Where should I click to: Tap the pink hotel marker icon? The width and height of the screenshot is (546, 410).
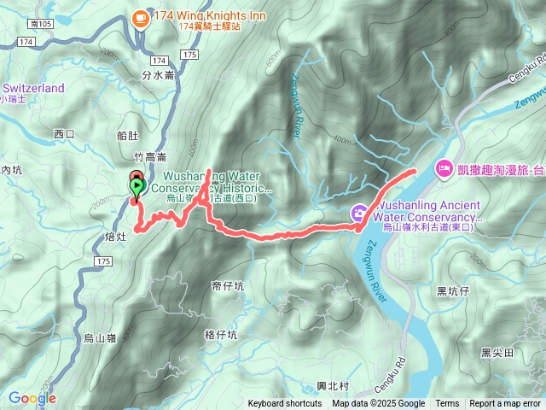(444, 168)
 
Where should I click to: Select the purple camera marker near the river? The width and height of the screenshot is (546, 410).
(361, 213)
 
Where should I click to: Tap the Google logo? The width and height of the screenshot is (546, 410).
(32, 398)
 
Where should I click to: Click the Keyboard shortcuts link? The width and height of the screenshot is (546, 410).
(285, 404)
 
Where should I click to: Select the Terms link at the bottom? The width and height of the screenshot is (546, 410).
(447, 404)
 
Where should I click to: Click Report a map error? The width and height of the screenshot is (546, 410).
(505, 404)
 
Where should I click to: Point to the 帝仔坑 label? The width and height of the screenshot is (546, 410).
(227, 285)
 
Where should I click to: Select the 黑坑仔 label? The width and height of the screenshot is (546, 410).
(453, 291)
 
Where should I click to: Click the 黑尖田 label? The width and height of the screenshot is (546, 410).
(497, 352)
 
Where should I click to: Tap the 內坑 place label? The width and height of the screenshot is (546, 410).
(12, 171)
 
